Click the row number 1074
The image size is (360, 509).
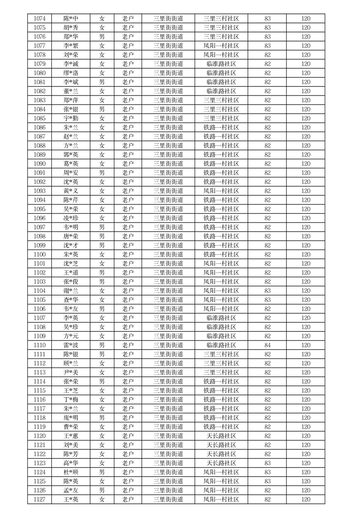[x=40, y=19]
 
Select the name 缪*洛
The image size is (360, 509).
[x=71, y=73]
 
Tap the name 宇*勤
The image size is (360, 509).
[x=71, y=118]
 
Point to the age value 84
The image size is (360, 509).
[x=268, y=345]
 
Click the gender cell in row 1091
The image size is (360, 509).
[x=102, y=173]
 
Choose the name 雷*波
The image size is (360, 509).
[x=71, y=345]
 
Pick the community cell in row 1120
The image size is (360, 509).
[x=221, y=436]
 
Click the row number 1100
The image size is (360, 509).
[x=40, y=254]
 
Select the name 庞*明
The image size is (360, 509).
[x=71, y=418]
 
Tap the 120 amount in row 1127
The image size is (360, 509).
[x=306, y=499]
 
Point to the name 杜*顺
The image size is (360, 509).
[x=71, y=472]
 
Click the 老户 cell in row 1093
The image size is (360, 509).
[x=128, y=191]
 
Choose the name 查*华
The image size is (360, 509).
[x=71, y=300]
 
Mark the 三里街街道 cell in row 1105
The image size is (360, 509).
[x=168, y=300]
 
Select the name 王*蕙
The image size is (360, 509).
[x=71, y=436]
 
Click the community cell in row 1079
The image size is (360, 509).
[x=221, y=64]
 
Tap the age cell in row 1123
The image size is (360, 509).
[x=268, y=463]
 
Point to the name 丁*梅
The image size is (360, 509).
[x=71, y=400]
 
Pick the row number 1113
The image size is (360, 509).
[x=40, y=372]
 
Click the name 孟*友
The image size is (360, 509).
[x=71, y=490]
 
